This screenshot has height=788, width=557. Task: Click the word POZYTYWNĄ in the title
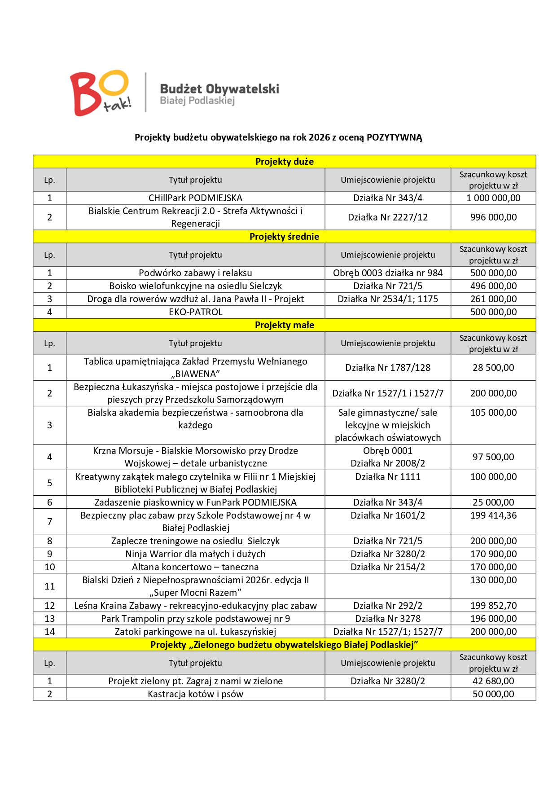(394, 137)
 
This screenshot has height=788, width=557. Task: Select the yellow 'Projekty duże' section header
(284, 162)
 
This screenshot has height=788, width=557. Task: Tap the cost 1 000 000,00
(493, 198)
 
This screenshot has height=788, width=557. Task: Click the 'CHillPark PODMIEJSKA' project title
(195, 198)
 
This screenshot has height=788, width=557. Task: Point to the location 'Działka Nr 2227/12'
(388, 217)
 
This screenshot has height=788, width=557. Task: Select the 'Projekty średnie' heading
(284, 237)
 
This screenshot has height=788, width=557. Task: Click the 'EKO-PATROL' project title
(195, 312)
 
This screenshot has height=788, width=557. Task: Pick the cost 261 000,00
(493, 299)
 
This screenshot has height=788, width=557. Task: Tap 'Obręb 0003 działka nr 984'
(388, 273)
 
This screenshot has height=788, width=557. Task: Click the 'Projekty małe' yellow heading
(284, 325)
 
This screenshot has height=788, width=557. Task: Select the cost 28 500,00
(493, 368)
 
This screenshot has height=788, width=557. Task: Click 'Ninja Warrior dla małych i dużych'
(195, 554)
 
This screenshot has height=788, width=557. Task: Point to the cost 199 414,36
(493, 515)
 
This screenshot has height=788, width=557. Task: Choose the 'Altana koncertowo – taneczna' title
(195, 567)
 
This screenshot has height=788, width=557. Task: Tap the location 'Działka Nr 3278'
(388, 619)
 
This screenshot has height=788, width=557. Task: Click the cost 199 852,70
(493, 606)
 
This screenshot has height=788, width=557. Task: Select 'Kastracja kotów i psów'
(195, 694)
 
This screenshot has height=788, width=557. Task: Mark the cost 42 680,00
(493, 681)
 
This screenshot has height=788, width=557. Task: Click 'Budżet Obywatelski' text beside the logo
(219, 89)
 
